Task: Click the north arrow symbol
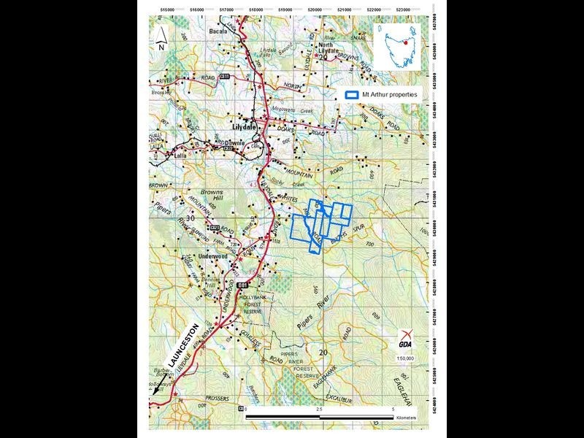point(161,37)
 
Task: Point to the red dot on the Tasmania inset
point(406,43)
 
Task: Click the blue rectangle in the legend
point(352,94)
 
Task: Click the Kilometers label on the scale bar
point(405,418)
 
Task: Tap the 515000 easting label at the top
point(167,10)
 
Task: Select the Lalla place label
point(178,155)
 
